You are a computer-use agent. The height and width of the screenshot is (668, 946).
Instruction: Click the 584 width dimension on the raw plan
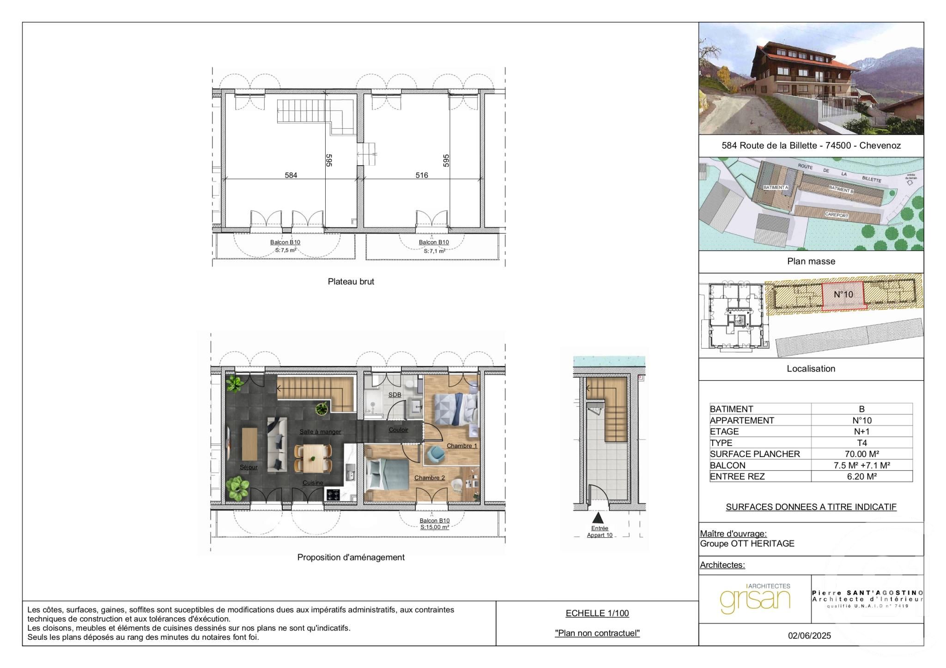point(291,175)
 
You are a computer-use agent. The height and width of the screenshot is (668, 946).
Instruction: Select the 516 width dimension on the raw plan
point(421,175)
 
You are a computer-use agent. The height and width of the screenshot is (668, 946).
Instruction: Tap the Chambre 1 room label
point(461,445)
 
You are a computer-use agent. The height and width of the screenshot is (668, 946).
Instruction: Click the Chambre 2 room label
point(429,477)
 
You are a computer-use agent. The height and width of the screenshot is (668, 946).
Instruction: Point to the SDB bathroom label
point(394,395)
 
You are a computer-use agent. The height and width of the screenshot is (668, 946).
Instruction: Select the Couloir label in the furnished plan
point(398,430)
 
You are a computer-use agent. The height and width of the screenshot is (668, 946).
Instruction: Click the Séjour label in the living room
point(249,467)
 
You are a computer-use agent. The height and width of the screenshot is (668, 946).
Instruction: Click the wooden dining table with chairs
point(313,457)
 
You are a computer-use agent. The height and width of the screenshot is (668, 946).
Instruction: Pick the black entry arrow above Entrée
point(598,518)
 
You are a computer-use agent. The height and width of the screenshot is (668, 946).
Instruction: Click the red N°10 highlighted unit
point(843,295)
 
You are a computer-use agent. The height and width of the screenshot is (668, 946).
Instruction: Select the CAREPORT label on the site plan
point(837,216)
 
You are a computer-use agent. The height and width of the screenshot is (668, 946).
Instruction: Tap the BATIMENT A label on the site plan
point(776,187)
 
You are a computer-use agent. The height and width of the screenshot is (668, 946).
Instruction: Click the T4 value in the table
point(861,443)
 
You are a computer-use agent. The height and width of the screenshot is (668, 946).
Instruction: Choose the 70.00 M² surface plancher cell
point(861,454)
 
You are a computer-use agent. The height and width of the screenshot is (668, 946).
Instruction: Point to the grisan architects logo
point(755,599)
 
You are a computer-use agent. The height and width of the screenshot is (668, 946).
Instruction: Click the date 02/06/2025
point(809,636)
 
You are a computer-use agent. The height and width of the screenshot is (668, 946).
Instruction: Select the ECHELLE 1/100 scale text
point(597,613)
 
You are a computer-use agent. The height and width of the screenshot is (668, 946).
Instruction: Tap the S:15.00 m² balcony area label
point(434,527)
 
